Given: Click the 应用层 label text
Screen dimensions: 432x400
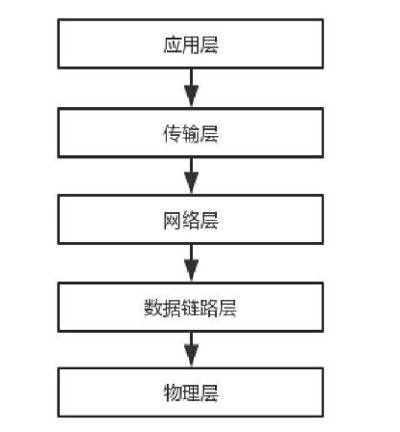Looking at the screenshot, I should click(x=191, y=45).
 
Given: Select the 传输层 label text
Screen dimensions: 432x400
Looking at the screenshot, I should click(x=191, y=133).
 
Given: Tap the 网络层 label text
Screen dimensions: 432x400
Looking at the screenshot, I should click(x=191, y=220).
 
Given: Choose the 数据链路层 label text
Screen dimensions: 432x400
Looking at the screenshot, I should click(x=191, y=308).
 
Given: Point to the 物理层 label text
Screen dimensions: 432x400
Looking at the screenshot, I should click(x=191, y=394).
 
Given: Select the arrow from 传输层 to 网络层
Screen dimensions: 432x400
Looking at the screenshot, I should click(x=191, y=176).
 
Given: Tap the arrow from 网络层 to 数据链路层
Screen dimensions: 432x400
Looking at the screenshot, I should click(x=191, y=263).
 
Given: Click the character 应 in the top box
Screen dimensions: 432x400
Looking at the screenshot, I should click(x=173, y=45).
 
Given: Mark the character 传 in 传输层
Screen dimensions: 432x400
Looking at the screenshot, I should click(x=173, y=133).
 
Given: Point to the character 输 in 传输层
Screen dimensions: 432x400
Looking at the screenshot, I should click(x=191, y=133).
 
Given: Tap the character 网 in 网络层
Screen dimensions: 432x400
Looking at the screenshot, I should click(x=173, y=220).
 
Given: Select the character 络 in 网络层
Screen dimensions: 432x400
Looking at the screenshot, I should click(x=191, y=220).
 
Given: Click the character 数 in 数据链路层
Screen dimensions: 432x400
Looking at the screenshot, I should click(x=154, y=308).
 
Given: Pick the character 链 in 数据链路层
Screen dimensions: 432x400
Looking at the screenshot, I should click(x=191, y=308).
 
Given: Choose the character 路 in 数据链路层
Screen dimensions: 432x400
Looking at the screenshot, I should click(x=209, y=308).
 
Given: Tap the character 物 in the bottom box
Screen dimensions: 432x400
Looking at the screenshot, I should click(x=173, y=394).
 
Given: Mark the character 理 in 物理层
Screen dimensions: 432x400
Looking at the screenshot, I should click(x=191, y=394).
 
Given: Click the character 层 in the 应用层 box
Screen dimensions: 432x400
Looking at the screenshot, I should click(x=209, y=45).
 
